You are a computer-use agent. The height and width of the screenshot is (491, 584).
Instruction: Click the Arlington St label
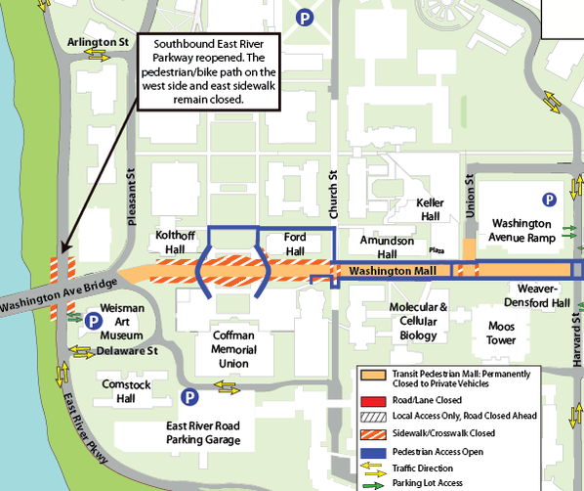click(x=99, y=43)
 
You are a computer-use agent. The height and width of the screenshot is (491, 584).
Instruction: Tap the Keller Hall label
click(x=430, y=208)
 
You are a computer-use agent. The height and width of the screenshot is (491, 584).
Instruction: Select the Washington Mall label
click(x=390, y=270)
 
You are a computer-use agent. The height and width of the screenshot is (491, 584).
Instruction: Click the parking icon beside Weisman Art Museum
click(x=94, y=320)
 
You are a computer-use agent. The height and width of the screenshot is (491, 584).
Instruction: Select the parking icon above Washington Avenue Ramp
click(x=550, y=199)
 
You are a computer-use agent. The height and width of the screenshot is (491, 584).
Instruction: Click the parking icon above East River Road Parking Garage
click(x=188, y=397)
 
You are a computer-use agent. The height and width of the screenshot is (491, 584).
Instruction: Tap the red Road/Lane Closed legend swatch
click(x=370, y=399)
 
